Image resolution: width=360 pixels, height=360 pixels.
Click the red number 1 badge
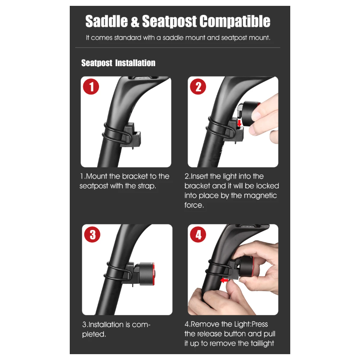(91, 87)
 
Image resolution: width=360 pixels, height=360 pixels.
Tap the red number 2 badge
(198, 87)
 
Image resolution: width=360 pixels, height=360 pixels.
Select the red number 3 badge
(92, 234)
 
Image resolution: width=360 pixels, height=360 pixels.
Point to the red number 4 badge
(198, 234)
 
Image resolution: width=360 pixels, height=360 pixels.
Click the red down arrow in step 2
(239, 122)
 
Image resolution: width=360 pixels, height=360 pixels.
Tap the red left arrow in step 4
(225, 280)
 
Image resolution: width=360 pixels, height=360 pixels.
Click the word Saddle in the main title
(106, 21)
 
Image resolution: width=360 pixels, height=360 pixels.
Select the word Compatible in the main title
(234, 21)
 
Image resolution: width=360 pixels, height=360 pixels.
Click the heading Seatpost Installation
(118, 63)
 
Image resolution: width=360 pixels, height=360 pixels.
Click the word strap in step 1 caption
(147, 186)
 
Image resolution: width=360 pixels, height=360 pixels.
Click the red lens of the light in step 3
(154, 274)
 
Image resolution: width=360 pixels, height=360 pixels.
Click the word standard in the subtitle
(127, 38)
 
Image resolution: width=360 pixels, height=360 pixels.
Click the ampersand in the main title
(135, 21)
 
